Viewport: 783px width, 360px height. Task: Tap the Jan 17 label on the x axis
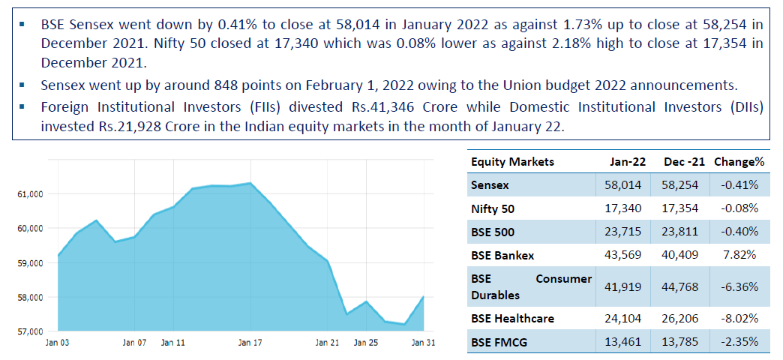(250, 343)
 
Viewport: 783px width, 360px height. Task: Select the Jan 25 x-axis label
(365, 343)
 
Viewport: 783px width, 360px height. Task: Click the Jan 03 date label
(58, 343)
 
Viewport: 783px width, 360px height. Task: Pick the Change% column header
(739, 162)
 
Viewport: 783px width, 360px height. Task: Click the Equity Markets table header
(512, 162)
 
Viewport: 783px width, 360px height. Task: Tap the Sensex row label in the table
(490, 184)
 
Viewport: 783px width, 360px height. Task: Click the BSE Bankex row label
(502, 256)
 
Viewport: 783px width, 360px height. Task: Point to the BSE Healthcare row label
(512, 319)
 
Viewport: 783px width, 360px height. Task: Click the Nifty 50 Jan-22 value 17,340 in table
(626, 208)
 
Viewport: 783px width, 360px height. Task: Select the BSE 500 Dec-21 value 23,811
(683, 232)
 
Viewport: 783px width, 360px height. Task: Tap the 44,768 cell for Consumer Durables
(683, 287)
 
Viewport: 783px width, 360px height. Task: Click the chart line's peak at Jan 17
(250, 183)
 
